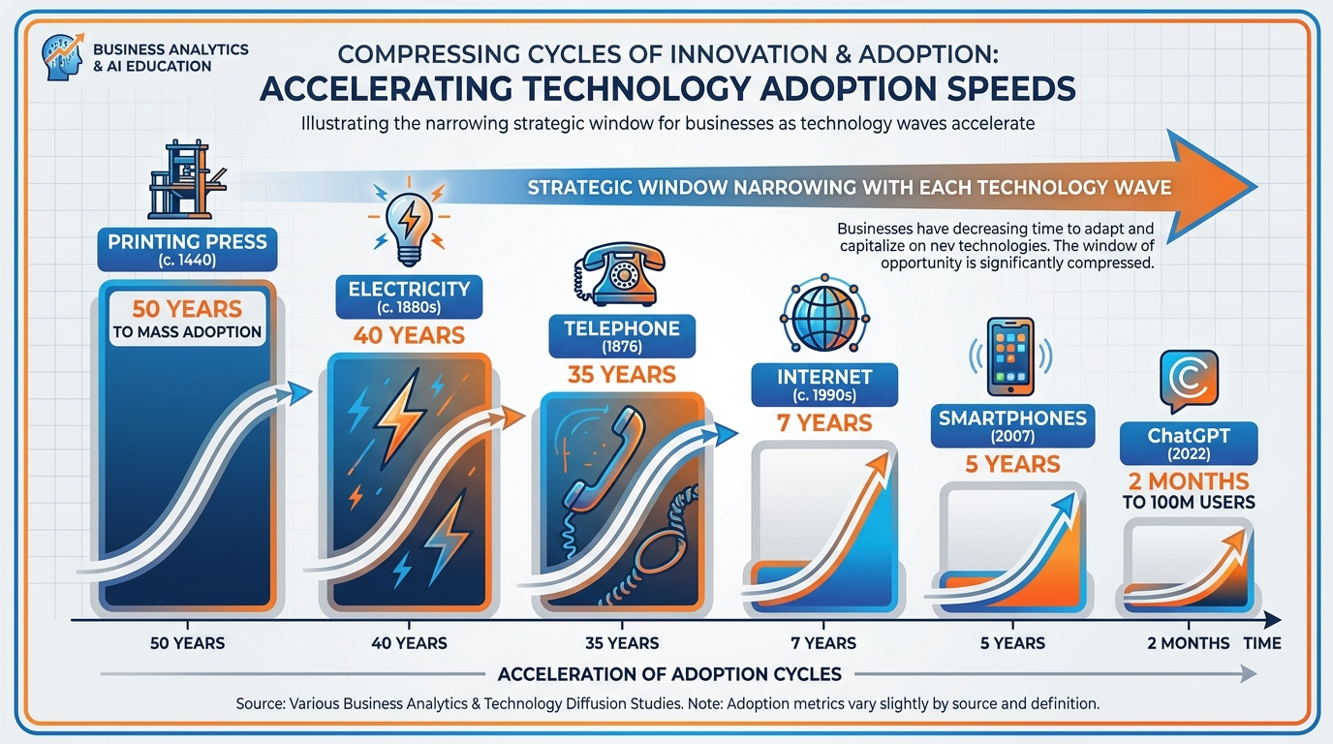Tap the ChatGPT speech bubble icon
pyautogui.click(x=1188, y=382)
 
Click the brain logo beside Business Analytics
pyautogui.click(x=61, y=58)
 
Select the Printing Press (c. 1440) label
pyautogui.click(x=187, y=248)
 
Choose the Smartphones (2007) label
pyautogui.click(x=1012, y=425)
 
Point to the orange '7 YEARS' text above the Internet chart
pyautogui.click(x=824, y=422)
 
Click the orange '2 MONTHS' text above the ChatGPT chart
pyautogui.click(x=1188, y=481)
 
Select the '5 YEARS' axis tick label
pyautogui.click(x=1012, y=643)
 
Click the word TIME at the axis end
pyautogui.click(x=1262, y=643)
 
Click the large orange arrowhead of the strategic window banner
pyautogui.click(x=1216, y=186)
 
